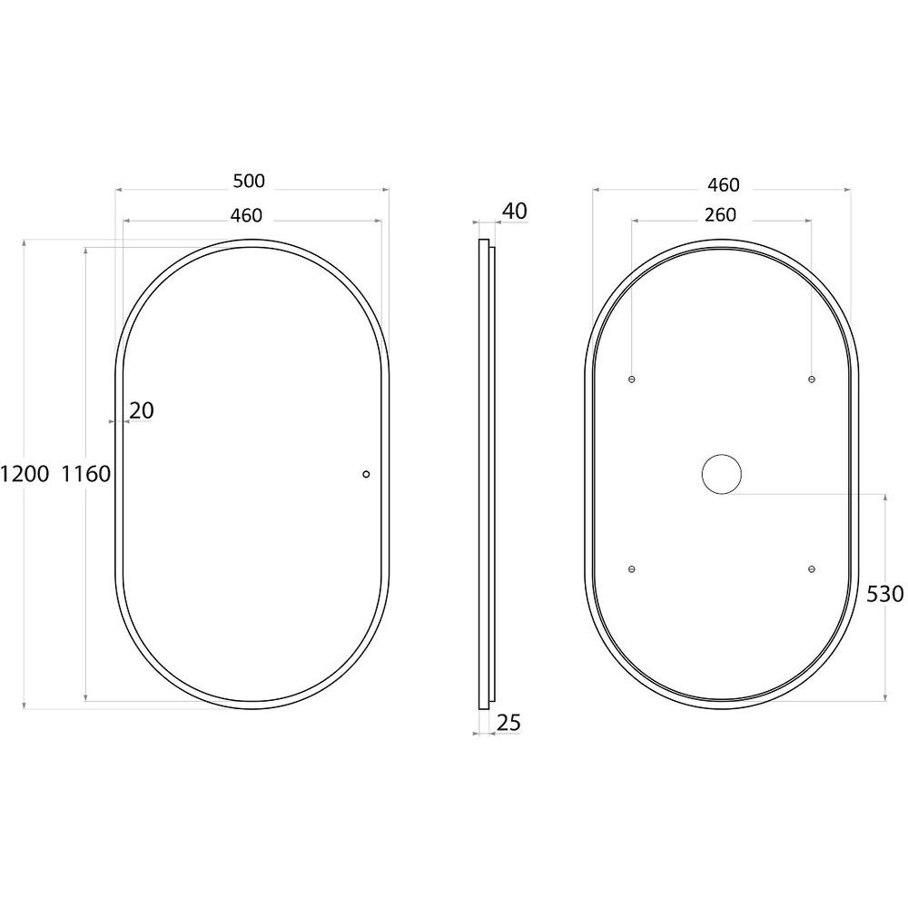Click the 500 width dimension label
(249, 182)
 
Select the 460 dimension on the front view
(246, 215)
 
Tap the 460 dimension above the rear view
(724, 184)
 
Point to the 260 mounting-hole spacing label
(720, 215)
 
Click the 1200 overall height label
(25, 474)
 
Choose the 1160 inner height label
(85, 474)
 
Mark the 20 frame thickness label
(142, 411)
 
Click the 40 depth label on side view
(514, 212)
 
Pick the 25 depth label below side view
(509, 723)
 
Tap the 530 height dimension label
(884, 594)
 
